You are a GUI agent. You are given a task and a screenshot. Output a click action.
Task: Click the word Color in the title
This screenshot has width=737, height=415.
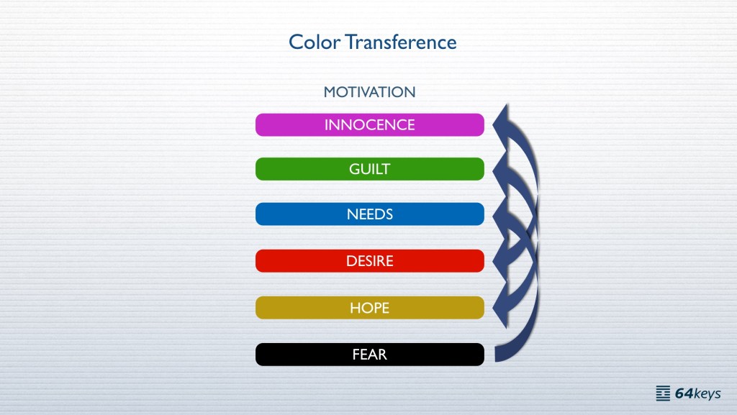315,42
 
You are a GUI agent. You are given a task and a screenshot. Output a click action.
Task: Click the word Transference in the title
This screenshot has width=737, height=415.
401,42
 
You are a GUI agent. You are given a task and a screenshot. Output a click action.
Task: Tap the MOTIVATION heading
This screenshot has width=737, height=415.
369,92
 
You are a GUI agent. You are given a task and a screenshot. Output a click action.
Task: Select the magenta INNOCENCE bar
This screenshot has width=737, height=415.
369,125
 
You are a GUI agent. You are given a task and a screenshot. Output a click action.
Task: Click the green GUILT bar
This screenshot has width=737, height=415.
369,169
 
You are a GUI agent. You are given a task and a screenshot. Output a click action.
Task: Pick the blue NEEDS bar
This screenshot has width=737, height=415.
369,214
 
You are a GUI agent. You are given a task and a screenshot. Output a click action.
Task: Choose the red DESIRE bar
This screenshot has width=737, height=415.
369,261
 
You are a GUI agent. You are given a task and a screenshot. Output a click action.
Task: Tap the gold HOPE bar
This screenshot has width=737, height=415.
369,308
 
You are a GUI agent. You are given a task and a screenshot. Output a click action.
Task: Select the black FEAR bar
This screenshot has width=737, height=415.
369,355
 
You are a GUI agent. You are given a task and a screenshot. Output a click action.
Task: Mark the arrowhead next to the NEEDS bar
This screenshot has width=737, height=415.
501,216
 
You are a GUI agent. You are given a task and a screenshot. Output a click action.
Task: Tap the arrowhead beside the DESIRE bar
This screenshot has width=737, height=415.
501,261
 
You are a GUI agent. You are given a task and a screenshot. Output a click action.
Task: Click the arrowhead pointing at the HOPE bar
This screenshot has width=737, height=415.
501,308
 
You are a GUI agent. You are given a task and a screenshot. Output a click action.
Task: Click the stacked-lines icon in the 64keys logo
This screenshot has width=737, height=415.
663,393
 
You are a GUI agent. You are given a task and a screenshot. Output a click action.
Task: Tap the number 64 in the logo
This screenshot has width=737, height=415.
684,393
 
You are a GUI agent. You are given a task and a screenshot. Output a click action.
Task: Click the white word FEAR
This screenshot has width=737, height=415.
369,355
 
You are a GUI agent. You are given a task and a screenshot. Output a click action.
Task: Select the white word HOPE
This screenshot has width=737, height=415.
369,308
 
